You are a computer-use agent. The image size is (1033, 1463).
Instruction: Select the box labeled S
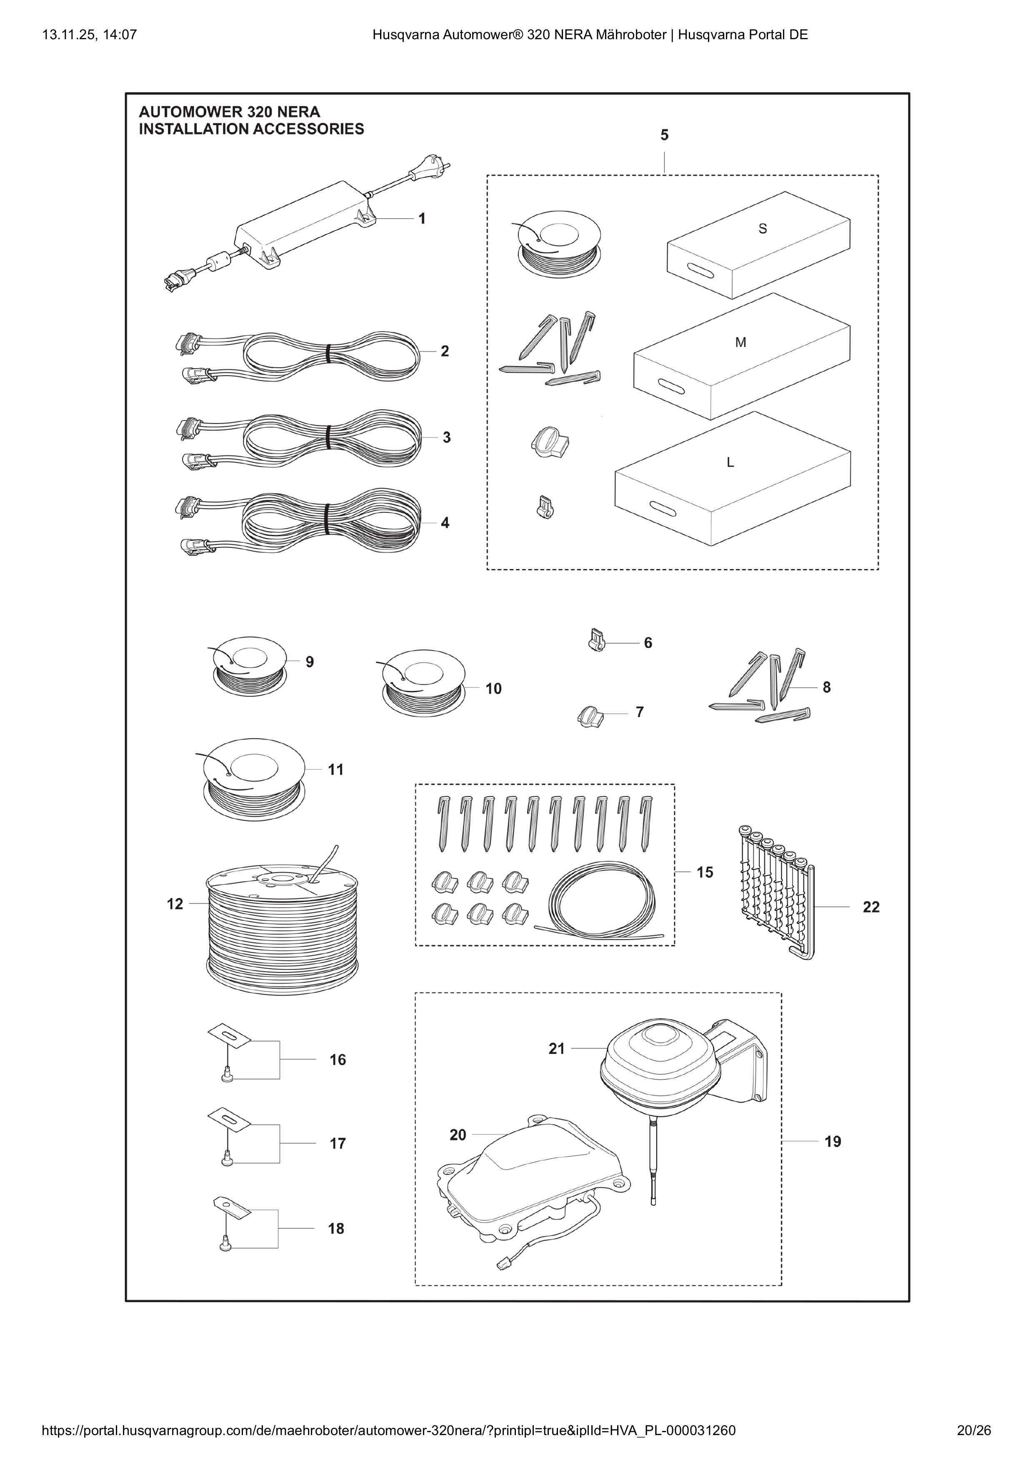coord(758,245)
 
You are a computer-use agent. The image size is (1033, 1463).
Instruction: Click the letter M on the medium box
coord(740,343)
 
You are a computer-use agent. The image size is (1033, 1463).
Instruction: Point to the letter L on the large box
coord(730,463)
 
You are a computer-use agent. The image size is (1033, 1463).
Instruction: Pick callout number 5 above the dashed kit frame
coord(664,135)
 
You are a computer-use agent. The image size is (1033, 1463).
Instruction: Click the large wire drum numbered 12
coord(283,921)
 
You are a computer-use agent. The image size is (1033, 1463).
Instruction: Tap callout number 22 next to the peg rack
coord(870,907)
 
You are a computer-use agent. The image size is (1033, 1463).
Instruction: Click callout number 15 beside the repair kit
coord(704,872)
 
